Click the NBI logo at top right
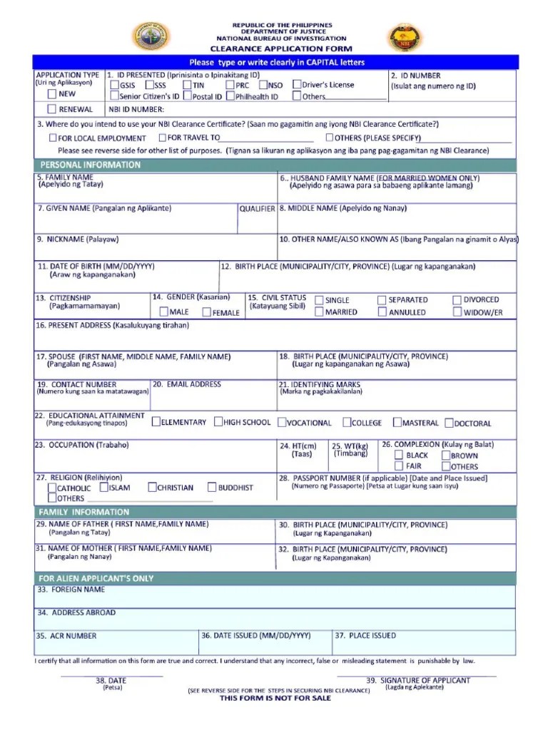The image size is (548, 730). (404, 37)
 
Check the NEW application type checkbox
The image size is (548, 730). (52, 93)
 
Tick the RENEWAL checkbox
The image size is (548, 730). (52, 109)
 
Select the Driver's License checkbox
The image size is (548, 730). (297, 85)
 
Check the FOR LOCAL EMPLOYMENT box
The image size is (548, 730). (52, 138)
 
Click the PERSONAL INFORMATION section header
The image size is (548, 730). (90, 165)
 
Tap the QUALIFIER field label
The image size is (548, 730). (257, 209)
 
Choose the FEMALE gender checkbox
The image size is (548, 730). (207, 312)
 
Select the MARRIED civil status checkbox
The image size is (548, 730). (319, 312)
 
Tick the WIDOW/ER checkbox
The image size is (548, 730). (457, 312)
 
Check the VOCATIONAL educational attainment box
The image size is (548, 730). (282, 422)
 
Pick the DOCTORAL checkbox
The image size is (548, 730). (450, 423)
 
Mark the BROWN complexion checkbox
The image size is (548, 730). (445, 455)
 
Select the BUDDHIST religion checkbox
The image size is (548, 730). (212, 488)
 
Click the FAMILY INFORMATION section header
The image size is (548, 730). (84, 512)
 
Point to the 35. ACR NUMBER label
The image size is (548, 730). (66, 636)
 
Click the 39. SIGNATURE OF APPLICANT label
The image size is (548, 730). (418, 680)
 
